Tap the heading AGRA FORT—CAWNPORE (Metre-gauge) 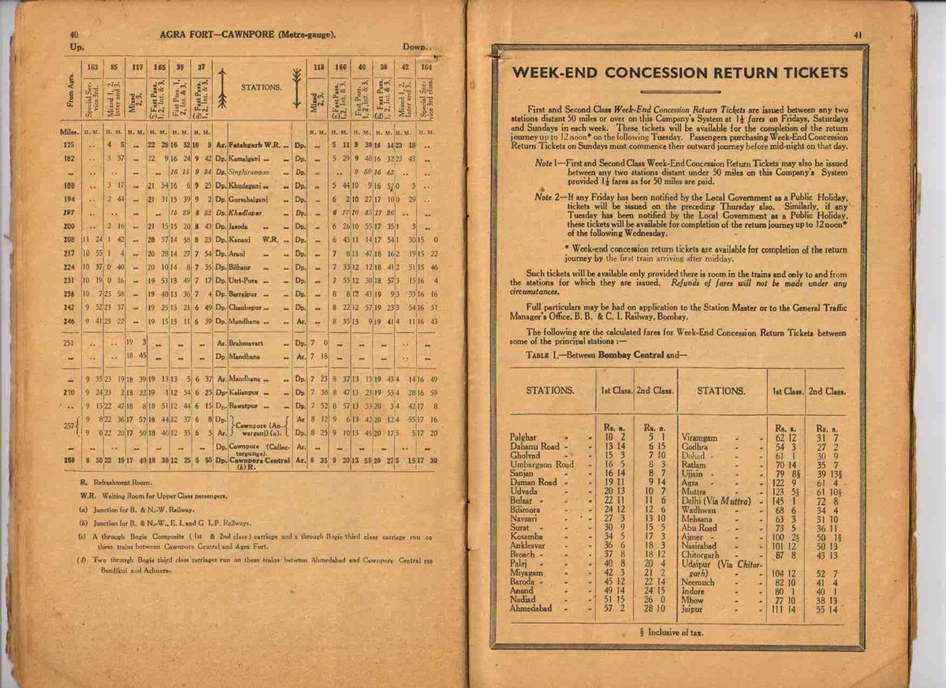point(248,35)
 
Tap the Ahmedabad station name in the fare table point(535,608)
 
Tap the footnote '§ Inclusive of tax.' point(678,633)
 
